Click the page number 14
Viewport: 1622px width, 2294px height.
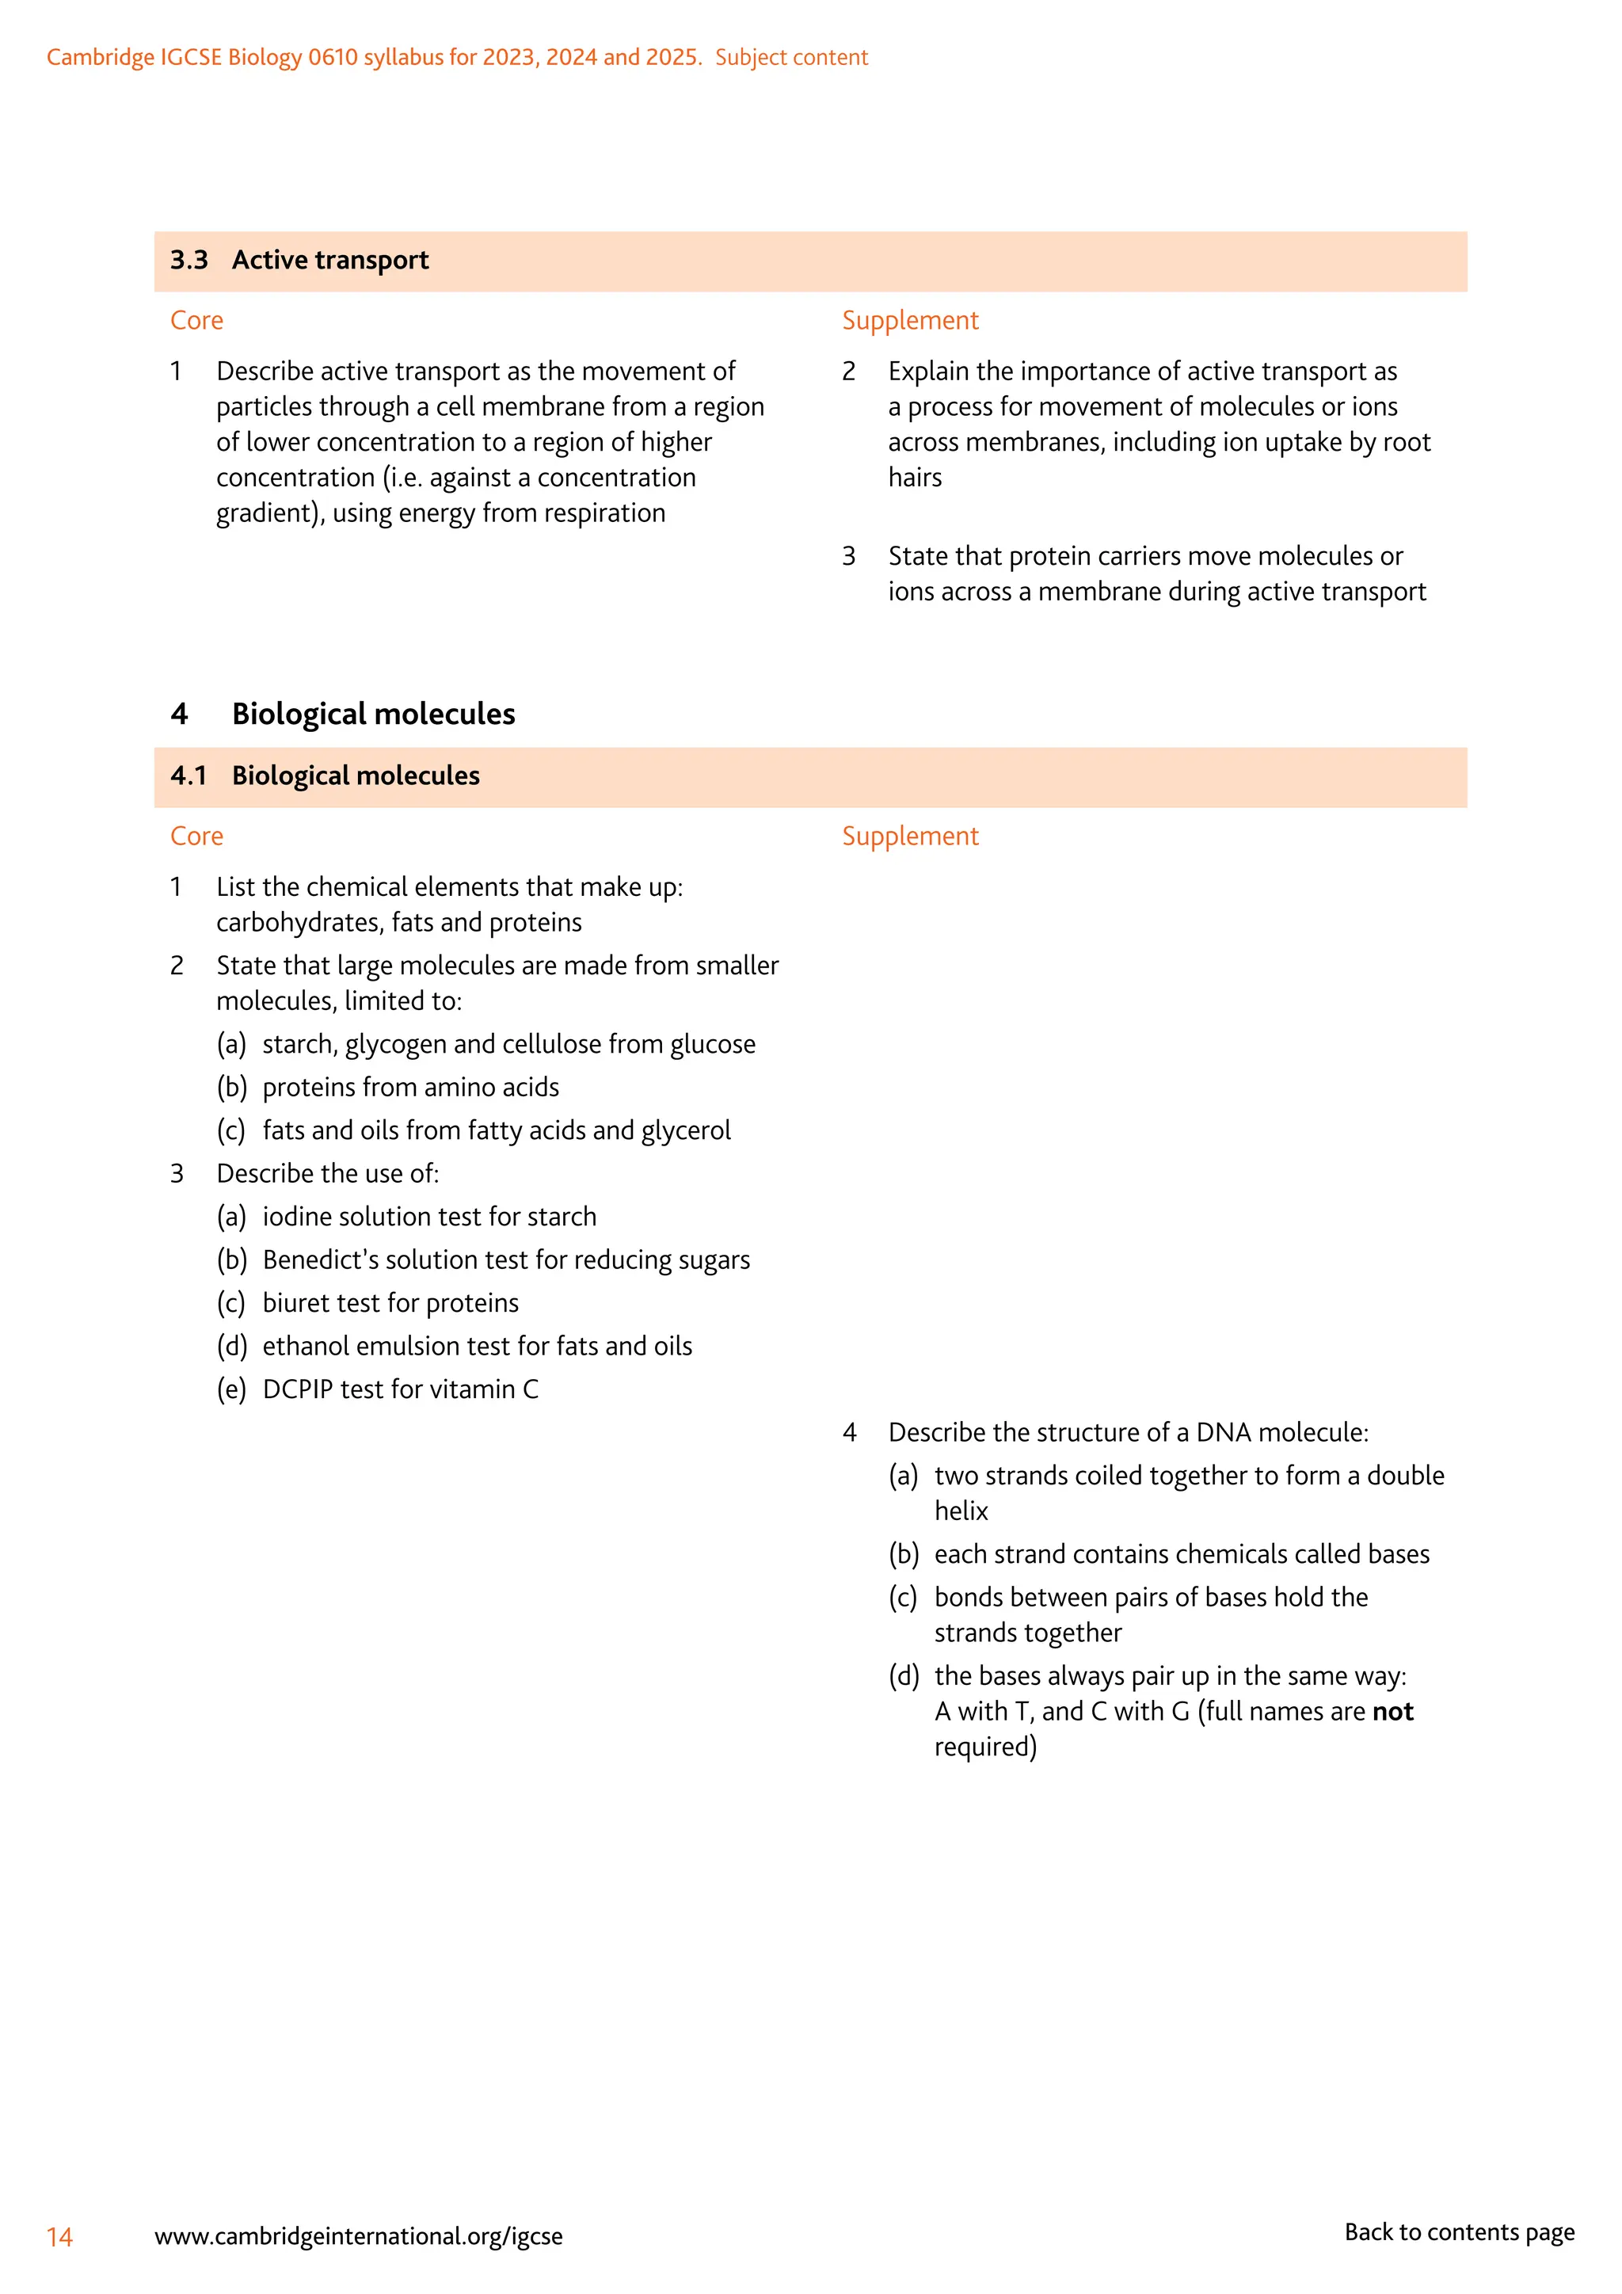pyautogui.click(x=60, y=2237)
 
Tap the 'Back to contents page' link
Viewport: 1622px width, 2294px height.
pyautogui.click(x=1458, y=2232)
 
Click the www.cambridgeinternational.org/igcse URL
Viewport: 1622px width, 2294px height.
pyautogui.click(x=359, y=2236)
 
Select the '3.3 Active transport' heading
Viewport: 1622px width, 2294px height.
pyautogui.click(x=299, y=261)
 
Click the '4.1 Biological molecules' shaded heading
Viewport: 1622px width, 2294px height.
pyautogui.click(x=326, y=776)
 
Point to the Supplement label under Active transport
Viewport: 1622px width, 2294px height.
pyautogui.click(x=910, y=321)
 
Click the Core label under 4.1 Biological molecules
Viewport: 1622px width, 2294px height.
pyautogui.click(x=196, y=836)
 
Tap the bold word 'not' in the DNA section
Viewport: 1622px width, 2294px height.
pyautogui.click(x=1392, y=1712)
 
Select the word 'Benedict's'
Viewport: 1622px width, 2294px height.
pyautogui.click(x=321, y=1260)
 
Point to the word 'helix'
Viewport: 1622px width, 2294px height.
pyautogui.click(x=961, y=1511)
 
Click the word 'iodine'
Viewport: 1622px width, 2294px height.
pyautogui.click(x=298, y=1217)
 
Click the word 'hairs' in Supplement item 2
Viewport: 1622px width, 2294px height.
pyautogui.click(x=915, y=478)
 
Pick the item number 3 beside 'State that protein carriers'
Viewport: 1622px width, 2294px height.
pyautogui.click(x=849, y=557)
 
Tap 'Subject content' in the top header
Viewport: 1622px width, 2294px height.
pyautogui.click(x=791, y=58)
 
